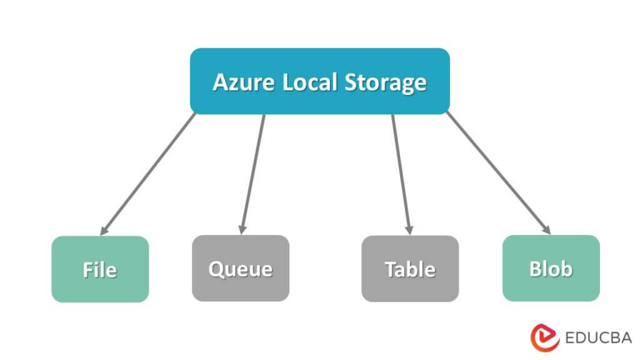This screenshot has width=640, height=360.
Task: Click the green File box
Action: [100, 269]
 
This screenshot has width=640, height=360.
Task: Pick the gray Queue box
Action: [241, 269]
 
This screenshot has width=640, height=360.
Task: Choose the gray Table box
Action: [410, 269]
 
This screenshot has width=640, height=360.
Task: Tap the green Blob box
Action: [551, 268]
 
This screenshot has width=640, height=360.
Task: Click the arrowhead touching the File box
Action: [104, 229]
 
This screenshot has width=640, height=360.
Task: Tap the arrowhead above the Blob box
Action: [546, 229]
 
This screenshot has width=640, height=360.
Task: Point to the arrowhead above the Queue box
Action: [242, 228]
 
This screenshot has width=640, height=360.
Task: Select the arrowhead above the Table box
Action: [409, 228]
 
